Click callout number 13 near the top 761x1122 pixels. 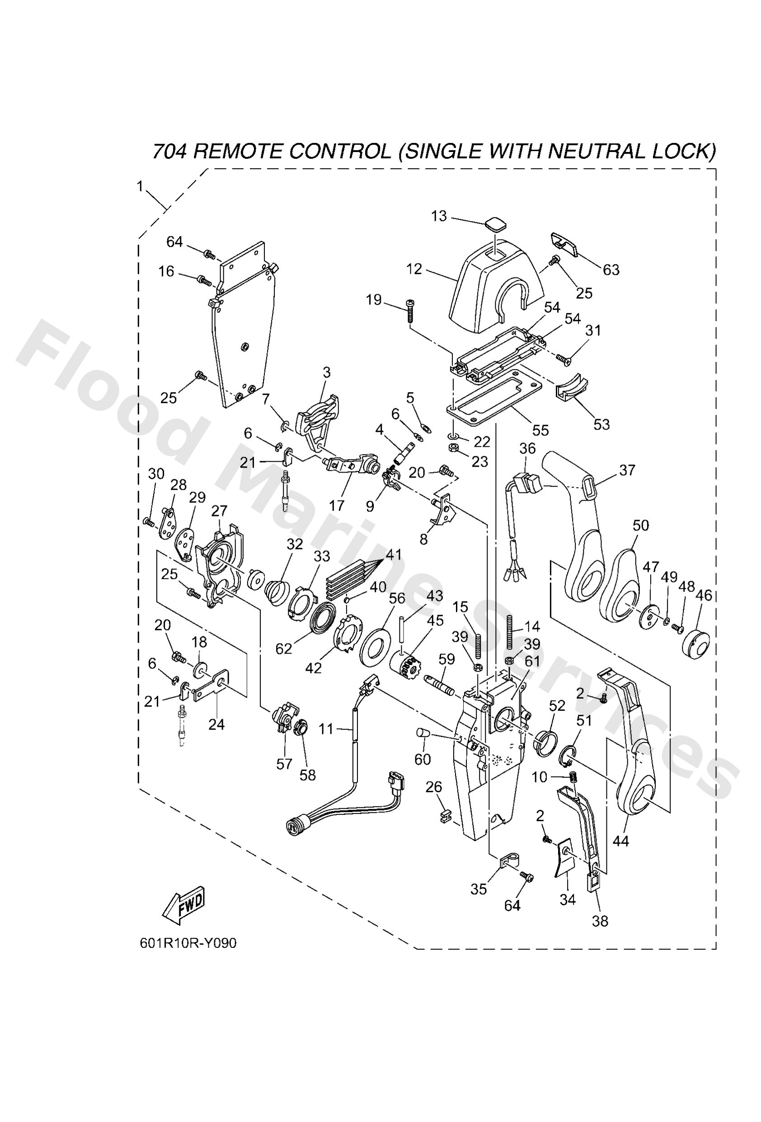[x=439, y=216]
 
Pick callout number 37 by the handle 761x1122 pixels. [x=627, y=470]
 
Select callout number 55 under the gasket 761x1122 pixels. [x=540, y=430]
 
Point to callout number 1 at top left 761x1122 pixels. [x=140, y=186]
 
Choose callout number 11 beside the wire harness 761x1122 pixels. [x=326, y=729]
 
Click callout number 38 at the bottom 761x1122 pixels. [x=600, y=921]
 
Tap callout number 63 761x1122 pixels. [x=611, y=270]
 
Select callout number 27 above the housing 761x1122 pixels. [x=219, y=511]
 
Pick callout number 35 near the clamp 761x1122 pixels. [x=478, y=889]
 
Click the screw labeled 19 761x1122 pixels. [x=411, y=310]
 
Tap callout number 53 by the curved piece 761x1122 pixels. [x=601, y=424]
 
